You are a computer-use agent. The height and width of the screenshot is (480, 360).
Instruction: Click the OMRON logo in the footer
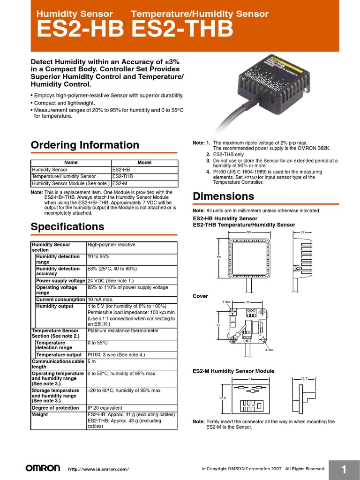tap(43, 468)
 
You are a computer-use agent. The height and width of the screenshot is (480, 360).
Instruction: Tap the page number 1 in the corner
tap(344, 470)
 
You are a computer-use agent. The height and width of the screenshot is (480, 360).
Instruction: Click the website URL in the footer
tap(98, 469)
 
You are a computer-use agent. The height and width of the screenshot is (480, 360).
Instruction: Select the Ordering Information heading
tap(85, 145)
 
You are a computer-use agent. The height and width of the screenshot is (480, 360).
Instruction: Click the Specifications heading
tap(67, 227)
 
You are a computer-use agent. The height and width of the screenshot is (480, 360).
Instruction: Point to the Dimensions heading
tap(224, 196)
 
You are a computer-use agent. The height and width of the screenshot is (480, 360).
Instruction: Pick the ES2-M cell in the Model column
tap(120, 184)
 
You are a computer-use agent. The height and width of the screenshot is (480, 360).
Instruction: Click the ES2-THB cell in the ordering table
tap(122, 177)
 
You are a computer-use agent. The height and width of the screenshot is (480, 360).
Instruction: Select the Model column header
tap(144, 163)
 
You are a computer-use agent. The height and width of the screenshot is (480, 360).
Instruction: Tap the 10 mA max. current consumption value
tap(100, 300)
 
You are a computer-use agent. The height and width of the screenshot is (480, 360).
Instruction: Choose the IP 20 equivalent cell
tap(105, 408)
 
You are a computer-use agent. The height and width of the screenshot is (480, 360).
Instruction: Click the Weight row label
tap(40, 415)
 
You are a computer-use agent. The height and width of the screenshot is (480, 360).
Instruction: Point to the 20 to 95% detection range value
tap(98, 257)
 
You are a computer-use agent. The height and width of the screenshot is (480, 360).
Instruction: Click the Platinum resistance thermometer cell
tap(123, 331)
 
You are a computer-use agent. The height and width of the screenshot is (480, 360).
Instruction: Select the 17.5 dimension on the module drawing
tap(222, 398)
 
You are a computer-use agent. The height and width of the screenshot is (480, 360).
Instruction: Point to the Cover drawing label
tap(201, 296)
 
